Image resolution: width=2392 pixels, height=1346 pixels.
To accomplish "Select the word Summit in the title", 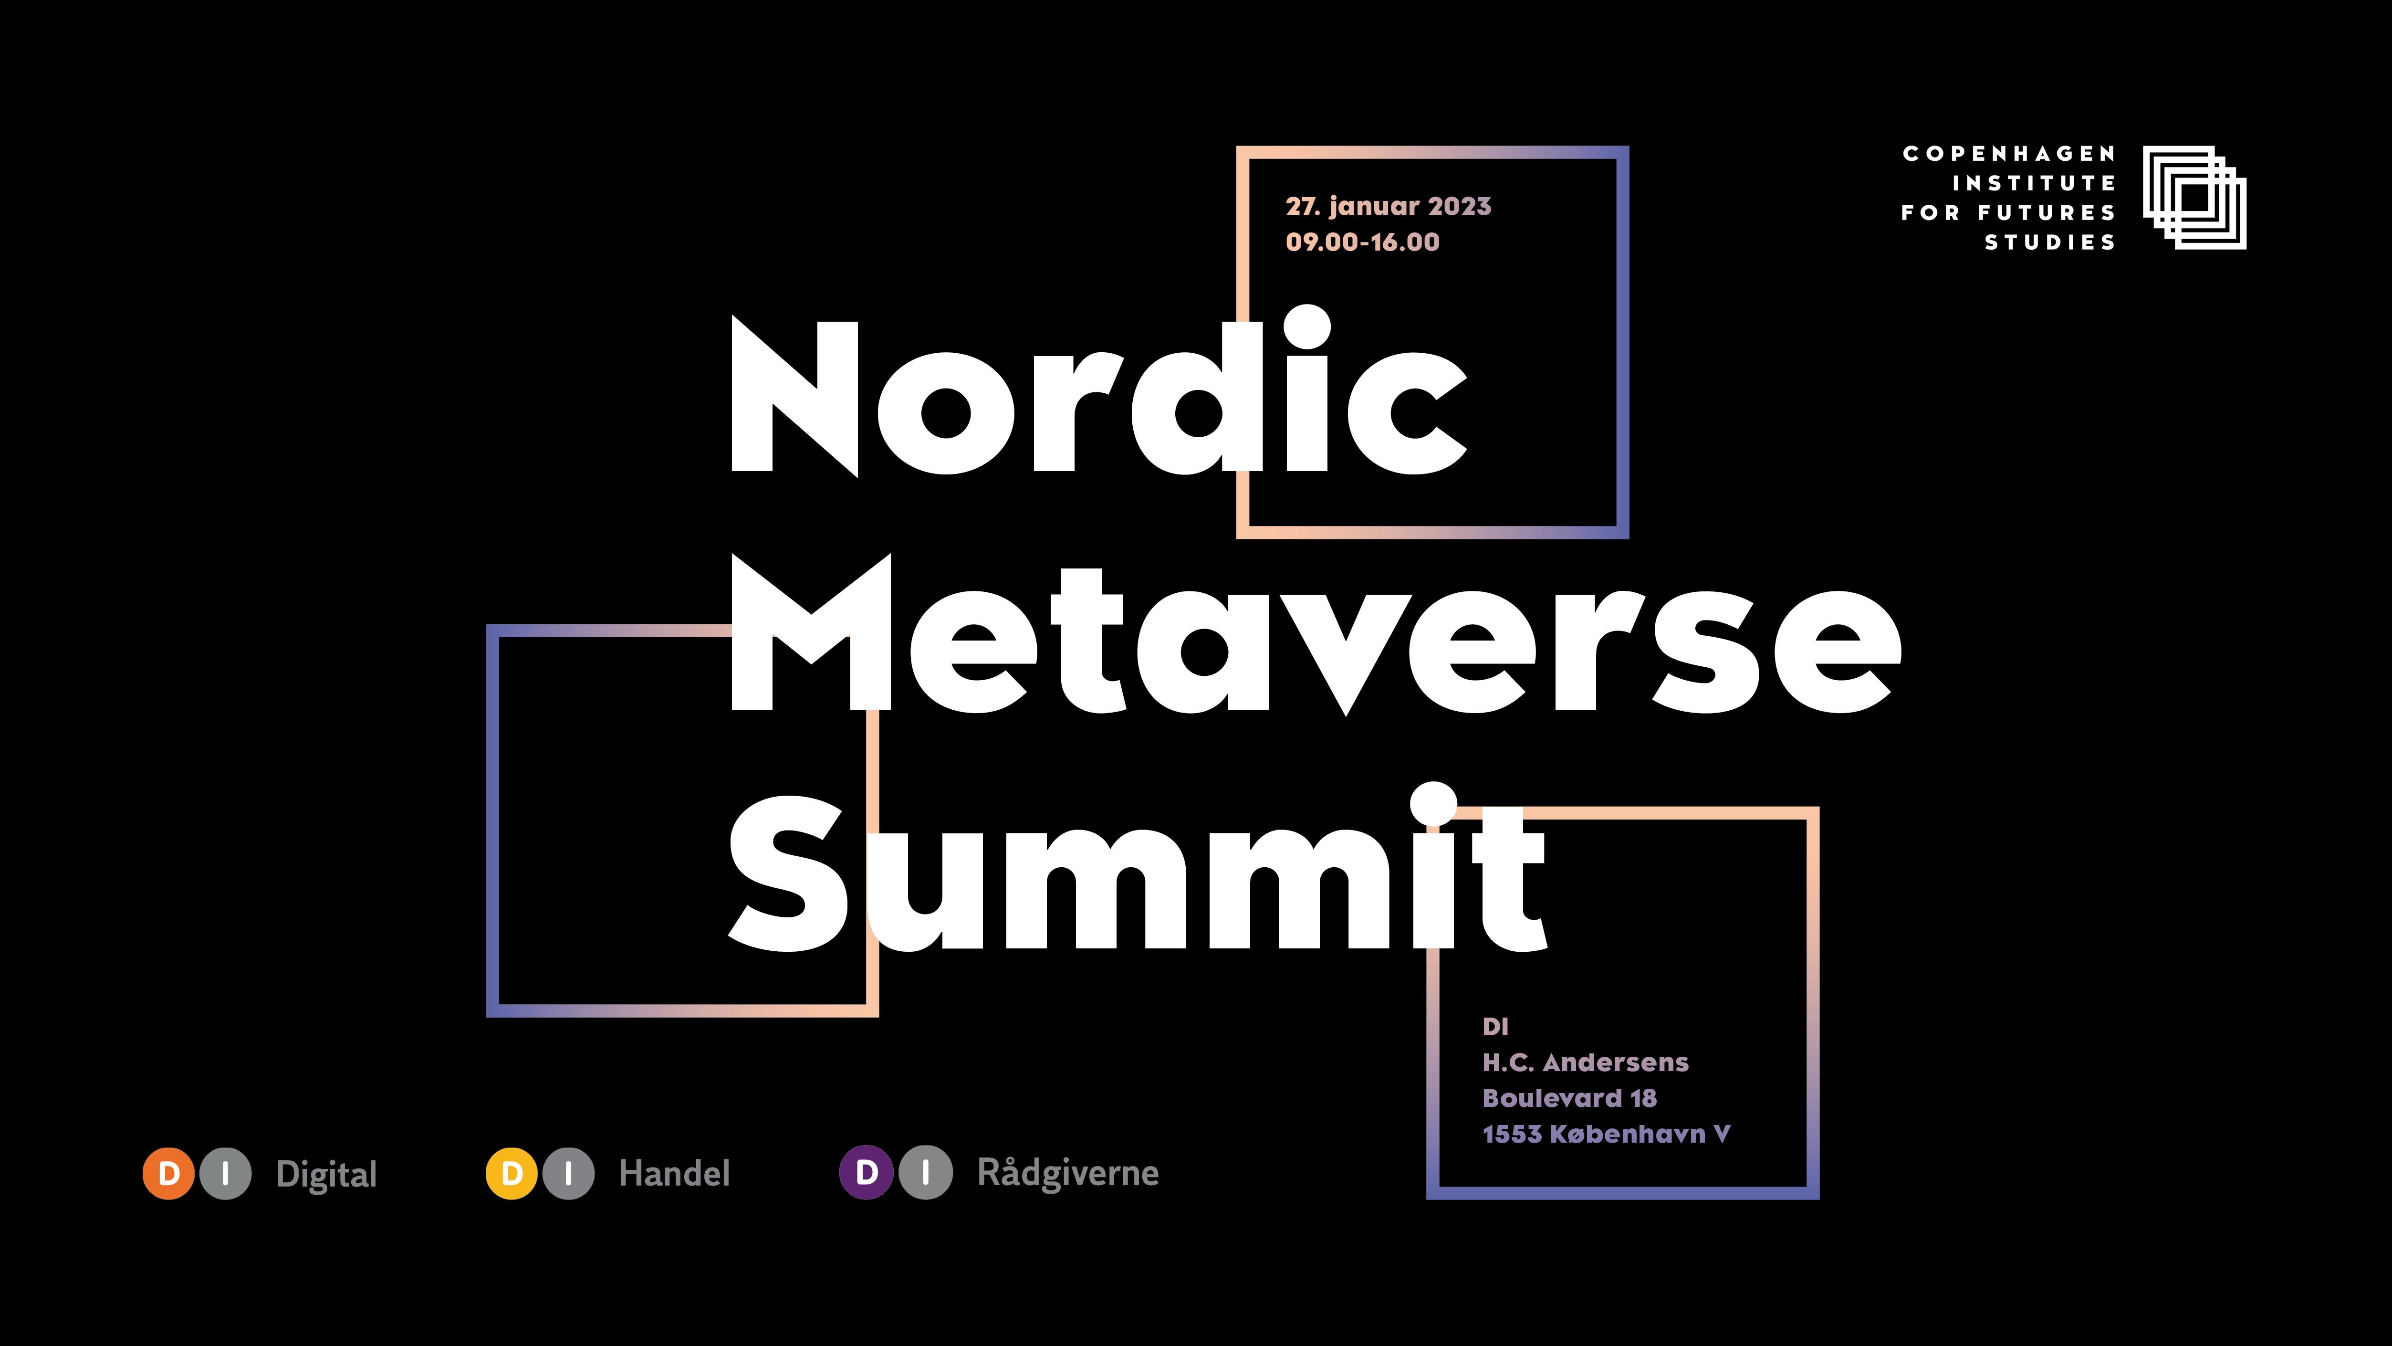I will click(x=1138, y=873).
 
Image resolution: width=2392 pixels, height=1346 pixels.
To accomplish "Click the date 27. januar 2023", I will click(x=1388, y=206).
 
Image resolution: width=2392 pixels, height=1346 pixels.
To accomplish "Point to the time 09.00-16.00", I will click(x=1362, y=242).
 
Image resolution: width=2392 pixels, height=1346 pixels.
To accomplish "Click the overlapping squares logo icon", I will click(x=2194, y=197).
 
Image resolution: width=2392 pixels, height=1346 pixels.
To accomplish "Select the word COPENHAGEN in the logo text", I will click(x=2008, y=153).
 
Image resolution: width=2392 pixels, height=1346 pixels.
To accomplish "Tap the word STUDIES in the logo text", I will click(x=2049, y=242).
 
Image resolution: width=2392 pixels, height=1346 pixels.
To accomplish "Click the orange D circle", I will click(x=168, y=1173).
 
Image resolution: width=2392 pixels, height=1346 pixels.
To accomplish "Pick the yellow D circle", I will click(x=512, y=1173).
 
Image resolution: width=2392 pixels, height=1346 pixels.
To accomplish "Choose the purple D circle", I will click(x=867, y=1172).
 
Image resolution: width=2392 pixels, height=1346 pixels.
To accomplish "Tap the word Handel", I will click(x=674, y=1173).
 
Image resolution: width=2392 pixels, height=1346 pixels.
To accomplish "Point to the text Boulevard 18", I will click(x=1569, y=1098).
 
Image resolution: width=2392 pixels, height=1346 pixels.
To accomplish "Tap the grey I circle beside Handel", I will click(x=568, y=1173).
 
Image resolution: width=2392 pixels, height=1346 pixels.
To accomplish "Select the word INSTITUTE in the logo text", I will click(x=2034, y=183).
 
